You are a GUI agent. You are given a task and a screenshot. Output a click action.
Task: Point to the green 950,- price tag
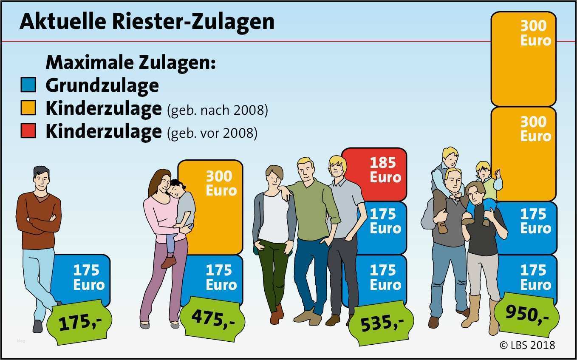527,314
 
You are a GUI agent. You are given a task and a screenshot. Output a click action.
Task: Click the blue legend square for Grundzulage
28,85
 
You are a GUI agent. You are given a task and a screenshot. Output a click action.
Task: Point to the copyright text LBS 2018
526,345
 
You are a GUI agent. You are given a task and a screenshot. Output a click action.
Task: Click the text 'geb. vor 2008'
212,133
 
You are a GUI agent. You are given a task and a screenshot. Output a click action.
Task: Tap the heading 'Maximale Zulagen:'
131,63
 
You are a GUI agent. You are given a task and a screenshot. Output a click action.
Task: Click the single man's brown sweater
38,219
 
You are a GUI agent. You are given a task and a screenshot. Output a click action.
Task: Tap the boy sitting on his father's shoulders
446,170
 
